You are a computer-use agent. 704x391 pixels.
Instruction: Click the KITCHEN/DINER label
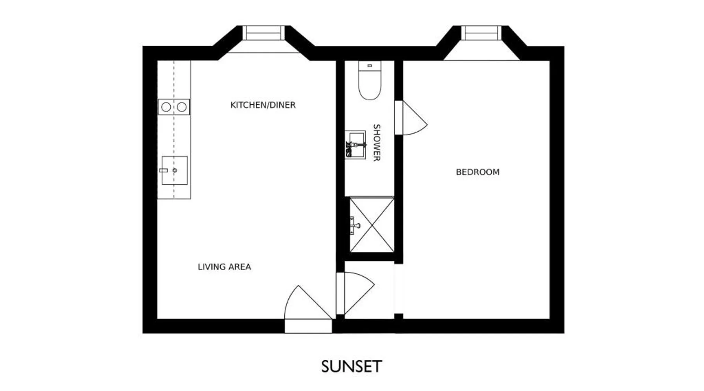coord(263,105)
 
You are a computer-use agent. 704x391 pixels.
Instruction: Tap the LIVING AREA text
coord(224,267)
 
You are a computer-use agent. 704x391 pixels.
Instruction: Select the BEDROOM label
coord(478,172)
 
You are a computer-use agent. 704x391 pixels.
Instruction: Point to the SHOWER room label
coord(376,143)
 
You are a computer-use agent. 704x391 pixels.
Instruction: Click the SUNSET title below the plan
coord(351,367)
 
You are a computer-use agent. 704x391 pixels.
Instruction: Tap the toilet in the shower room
coord(370,81)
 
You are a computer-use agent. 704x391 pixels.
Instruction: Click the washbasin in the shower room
coord(355,145)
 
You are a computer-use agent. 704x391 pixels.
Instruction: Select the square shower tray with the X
coord(372,225)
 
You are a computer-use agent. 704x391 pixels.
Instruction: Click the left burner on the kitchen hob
coord(166,107)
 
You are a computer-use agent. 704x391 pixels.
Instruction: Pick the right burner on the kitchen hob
coord(181,107)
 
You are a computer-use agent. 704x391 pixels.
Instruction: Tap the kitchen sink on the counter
coord(174,170)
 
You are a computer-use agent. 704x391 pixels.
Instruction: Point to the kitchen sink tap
coord(163,170)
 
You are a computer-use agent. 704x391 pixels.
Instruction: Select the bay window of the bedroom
coord(481,33)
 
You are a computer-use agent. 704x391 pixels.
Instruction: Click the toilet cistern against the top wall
coord(370,66)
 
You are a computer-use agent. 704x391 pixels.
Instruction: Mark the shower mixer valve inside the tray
coord(355,225)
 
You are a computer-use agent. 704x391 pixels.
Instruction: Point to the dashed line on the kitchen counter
coord(174,129)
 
